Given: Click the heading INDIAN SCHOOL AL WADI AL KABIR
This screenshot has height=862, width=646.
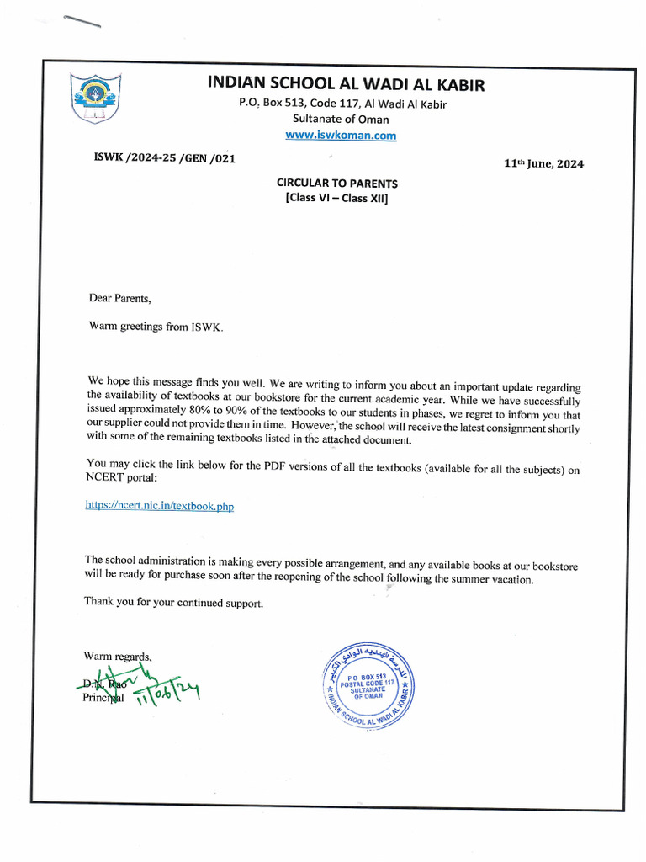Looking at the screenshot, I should pos(346,84).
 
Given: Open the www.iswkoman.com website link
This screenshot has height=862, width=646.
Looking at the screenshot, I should pos(341,135).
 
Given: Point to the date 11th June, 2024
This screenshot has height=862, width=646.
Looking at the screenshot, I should pos(543,164).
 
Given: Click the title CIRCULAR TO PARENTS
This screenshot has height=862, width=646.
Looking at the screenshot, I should pos(337,183).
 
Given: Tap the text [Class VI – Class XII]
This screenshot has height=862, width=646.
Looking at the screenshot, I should pos(337,199).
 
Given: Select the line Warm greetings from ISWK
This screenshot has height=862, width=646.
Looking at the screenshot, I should pos(157,326).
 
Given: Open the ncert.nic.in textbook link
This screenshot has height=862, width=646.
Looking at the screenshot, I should pos(160,505).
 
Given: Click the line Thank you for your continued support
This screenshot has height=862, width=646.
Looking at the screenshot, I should pos(173,602).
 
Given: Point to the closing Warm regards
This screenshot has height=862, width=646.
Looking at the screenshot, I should pos(118,655).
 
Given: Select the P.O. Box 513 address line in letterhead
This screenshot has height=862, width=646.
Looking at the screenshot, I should pos(342,104).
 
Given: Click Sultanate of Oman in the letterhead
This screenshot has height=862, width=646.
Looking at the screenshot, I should pos(341,119).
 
